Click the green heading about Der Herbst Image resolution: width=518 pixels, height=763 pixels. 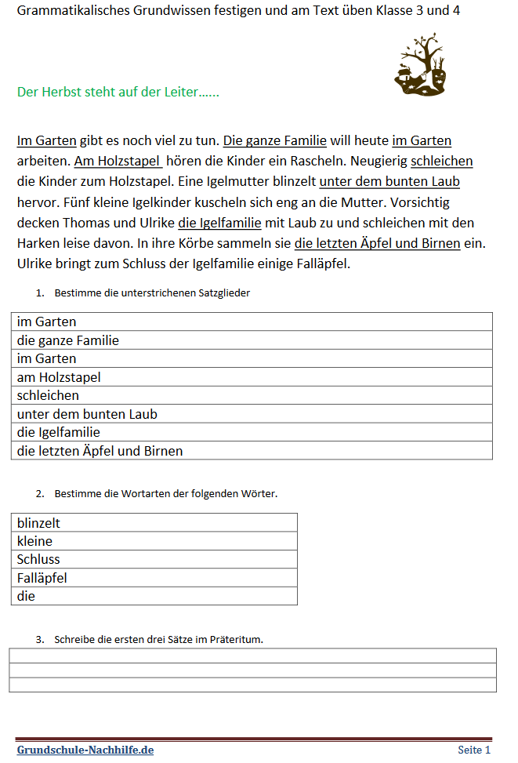(x=118, y=92)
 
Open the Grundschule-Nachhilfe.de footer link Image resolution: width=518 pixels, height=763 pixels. (x=85, y=750)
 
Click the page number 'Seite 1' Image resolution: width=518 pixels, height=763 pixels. (x=474, y=750)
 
